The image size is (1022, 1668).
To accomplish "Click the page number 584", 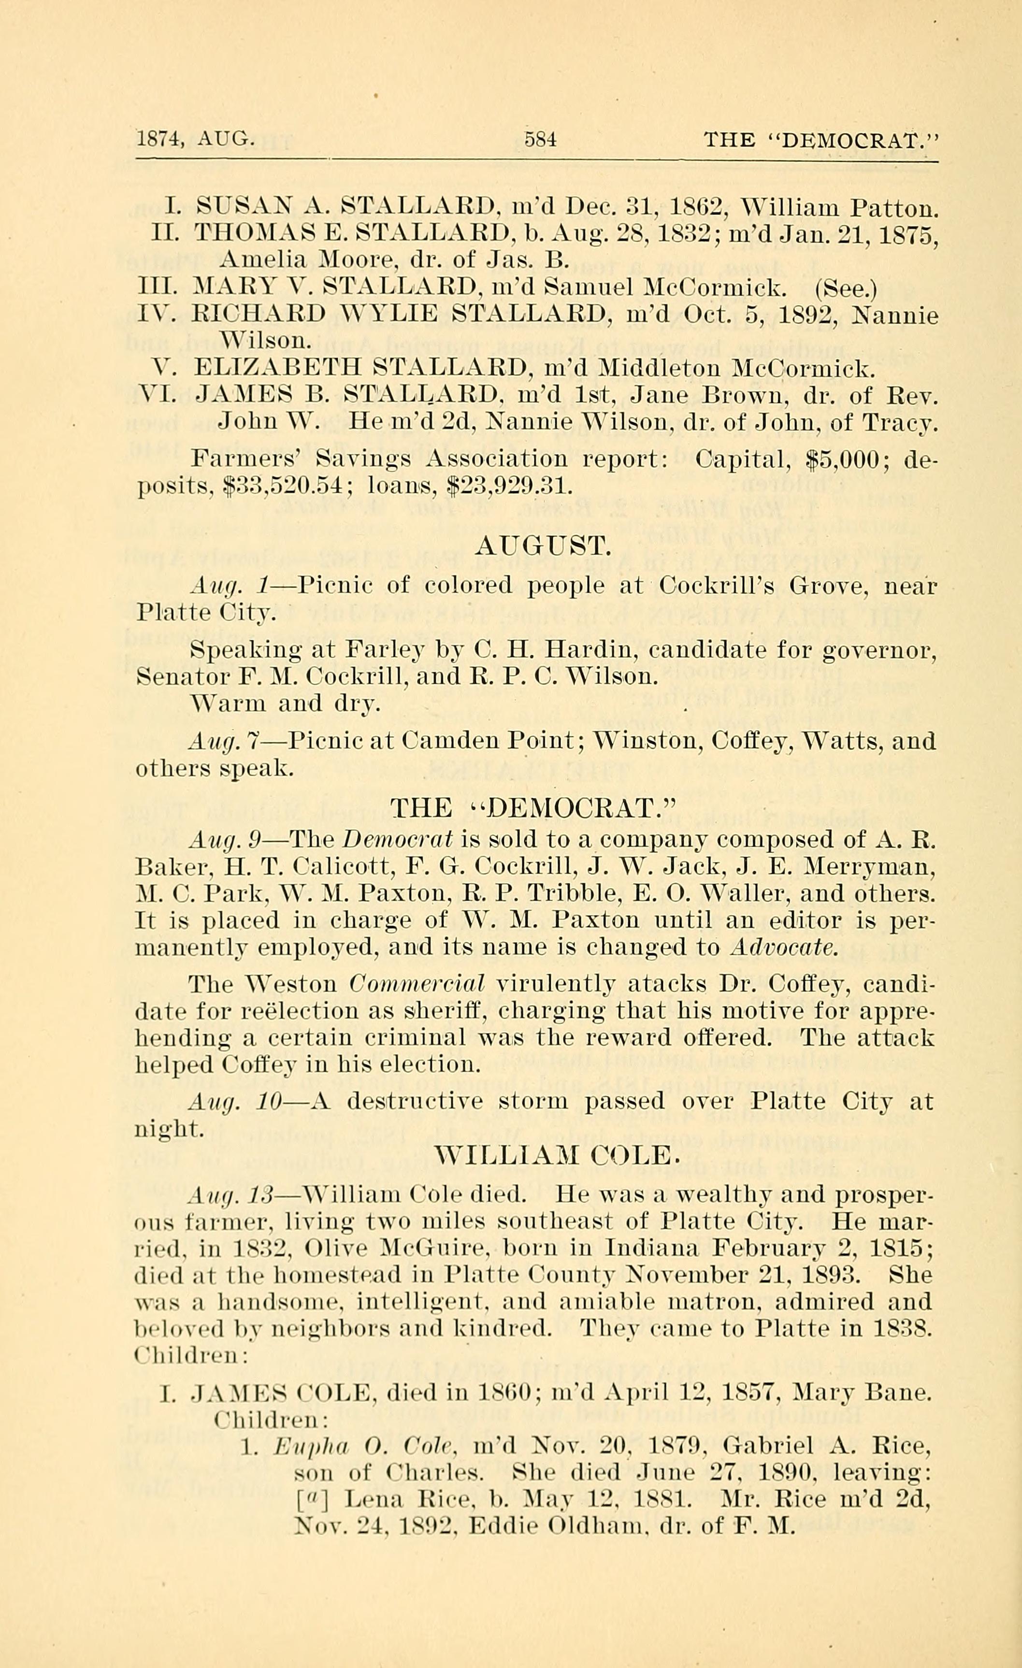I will click(540, 140).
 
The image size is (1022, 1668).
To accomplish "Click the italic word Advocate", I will click(784, 947).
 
